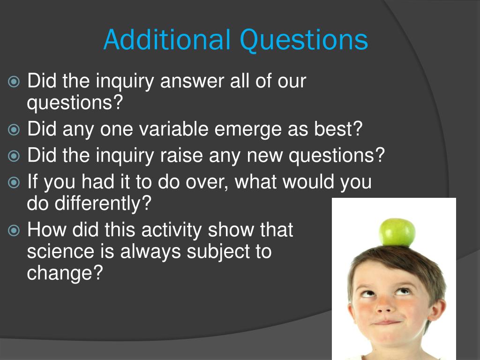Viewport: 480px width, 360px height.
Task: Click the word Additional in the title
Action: point(166,40)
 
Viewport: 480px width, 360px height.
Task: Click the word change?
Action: point(65,273)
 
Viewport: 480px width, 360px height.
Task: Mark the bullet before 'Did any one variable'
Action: point(15,130)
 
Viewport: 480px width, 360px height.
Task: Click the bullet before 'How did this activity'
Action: point(15,231)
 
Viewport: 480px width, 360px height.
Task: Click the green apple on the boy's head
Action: point(397,232)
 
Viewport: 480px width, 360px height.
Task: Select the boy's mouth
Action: point(387,322)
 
